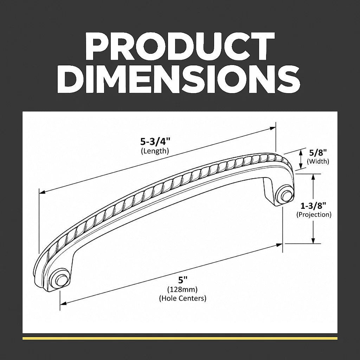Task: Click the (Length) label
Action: (x=155, y=151)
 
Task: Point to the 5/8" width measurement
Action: (x=318, y=153)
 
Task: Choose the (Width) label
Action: (x=318, y=161)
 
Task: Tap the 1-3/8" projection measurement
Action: (x=313, y=206)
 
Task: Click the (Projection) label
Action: (x=314, y=215)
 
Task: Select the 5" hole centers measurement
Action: (x=183, y=280)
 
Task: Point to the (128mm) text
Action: (x=182, y=289)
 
